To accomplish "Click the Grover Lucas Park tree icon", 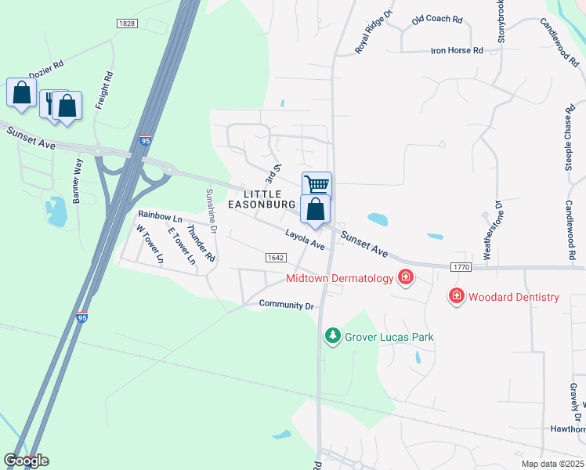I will [333, 336].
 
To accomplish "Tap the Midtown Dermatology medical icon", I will [405, 277].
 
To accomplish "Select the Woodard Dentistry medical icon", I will [456, 296].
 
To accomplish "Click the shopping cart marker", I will [317, 185].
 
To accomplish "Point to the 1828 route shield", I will [127, 23].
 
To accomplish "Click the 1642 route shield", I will [275, 257].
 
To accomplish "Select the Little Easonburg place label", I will [262, 199].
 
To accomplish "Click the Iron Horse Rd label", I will [457, 50].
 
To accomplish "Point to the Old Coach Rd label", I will [437, 18].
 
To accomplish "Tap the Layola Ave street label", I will [305, 239].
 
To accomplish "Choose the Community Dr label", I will [286, 305].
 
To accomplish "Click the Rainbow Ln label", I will [160, 215].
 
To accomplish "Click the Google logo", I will [26, 461].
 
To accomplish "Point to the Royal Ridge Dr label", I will [372, 32].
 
